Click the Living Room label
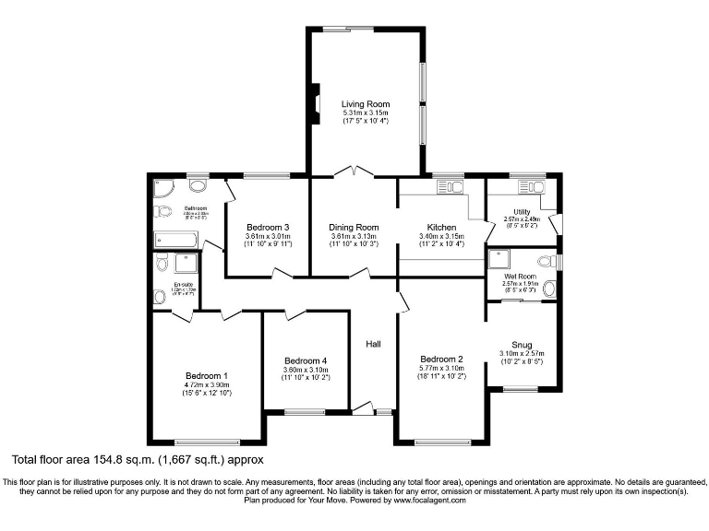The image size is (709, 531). [x=366, y=104]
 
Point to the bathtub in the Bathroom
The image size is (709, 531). [x=176, y=239]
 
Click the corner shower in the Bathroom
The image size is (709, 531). [x=162, y=189]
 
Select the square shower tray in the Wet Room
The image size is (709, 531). [x=503, y=261]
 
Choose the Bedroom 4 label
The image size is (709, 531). [x=306, y=360]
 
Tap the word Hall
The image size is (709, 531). [x=373, y=344]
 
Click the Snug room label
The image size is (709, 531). [x=522, y=345]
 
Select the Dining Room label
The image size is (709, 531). [x=354, y=227]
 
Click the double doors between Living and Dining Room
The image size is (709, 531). [x=354, y=173]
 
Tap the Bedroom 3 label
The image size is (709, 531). [x=268, y=227]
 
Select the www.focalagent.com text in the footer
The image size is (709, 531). [x=429, y=501]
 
